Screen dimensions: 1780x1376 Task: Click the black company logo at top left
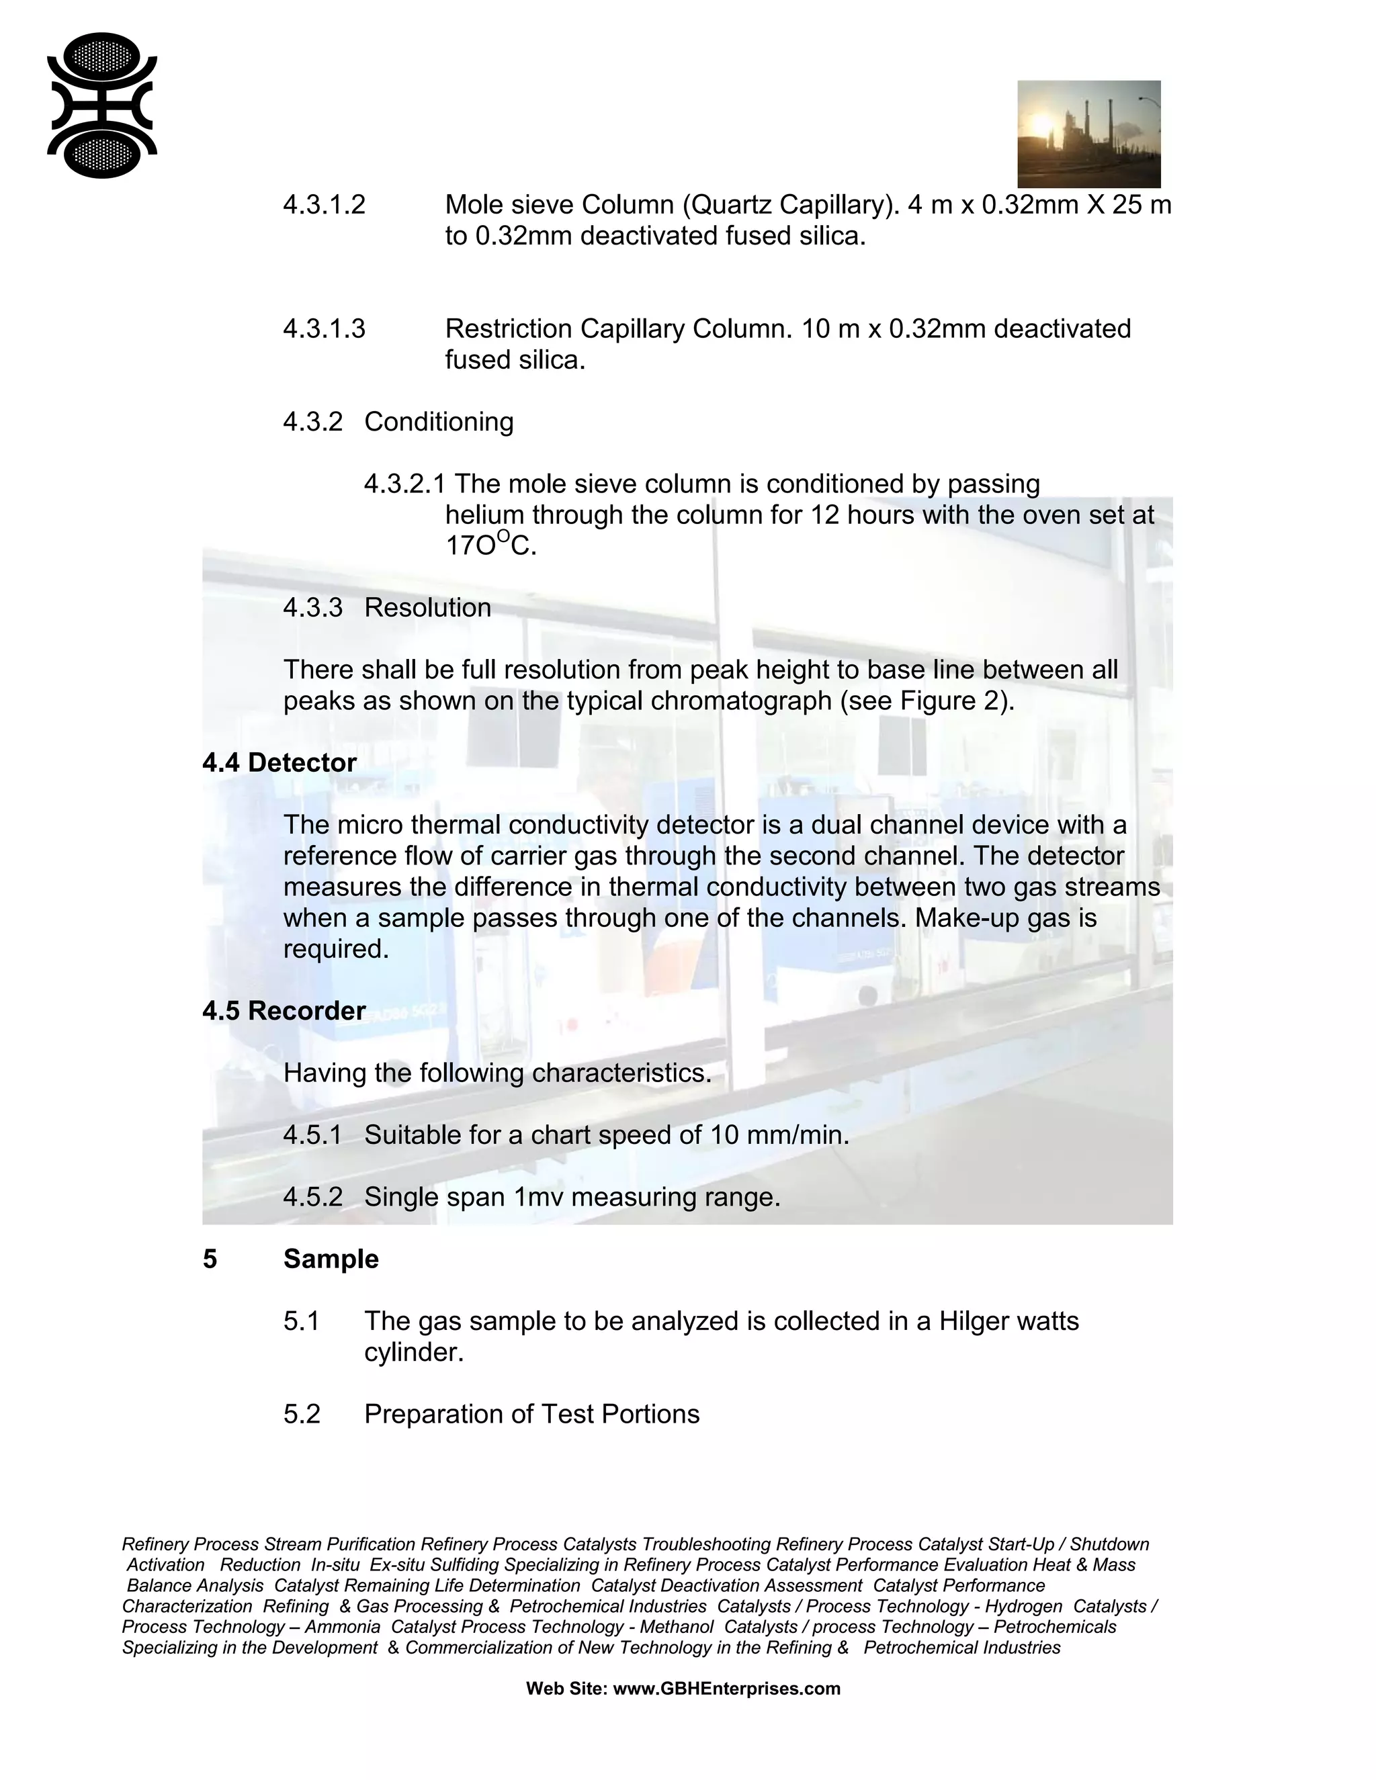(x=102, y=105)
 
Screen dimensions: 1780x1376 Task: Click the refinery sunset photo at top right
(x=1088, y=134)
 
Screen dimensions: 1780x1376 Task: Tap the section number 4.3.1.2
(x=324, y=205)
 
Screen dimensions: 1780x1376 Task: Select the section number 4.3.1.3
(x=324, y=328)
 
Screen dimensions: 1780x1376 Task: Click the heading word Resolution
(x=427, y=607)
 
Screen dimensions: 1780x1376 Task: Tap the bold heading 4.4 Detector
(x=279, y=762)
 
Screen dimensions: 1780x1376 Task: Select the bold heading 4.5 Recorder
(x=284, y=1011)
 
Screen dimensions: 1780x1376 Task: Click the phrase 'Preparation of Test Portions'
(x=531, y=1413)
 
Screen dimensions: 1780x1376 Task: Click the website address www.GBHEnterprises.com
(x=726, y=1688)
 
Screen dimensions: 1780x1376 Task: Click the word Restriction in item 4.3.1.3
(x=509, y=328)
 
